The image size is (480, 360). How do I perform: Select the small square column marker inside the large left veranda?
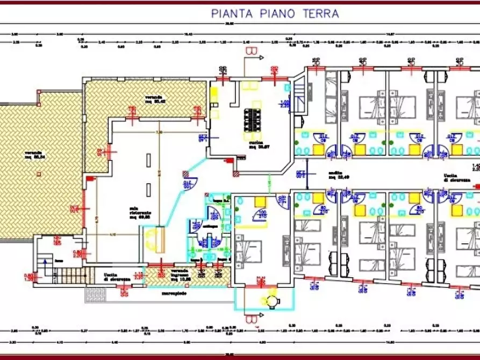(x=39, y=173)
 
